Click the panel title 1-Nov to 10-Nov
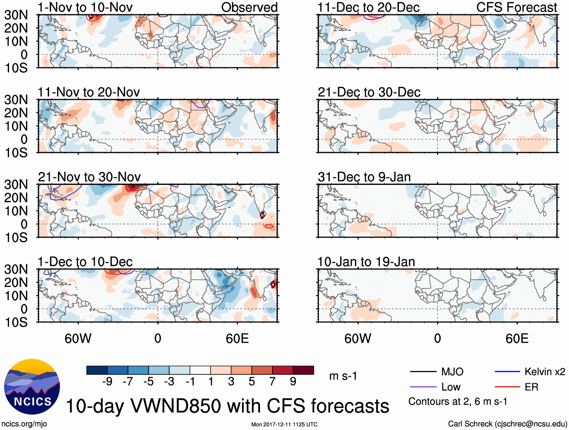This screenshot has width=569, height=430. [x=85, y=7]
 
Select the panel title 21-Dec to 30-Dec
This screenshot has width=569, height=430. [x=369, y=92]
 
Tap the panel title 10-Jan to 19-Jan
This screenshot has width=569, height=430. [x=366, y=262]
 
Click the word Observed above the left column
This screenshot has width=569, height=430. [x=249, y=7]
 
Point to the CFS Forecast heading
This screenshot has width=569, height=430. [x=517, y=7]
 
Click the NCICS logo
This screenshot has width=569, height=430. [x=32, y=387]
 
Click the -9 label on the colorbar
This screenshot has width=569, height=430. [x=107, y=382]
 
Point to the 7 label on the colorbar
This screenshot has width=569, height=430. [x=272, y=382]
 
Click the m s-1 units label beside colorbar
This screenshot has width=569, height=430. [x=343, y=376]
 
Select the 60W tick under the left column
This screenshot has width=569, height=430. [x=78, y=339]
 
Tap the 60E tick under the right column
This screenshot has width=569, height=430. [x=517, y=339]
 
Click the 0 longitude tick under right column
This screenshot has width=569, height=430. [x=437, y=339]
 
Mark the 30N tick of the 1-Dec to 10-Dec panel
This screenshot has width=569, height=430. [x=16, y=269]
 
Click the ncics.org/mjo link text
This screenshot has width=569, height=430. [x=24, y=424]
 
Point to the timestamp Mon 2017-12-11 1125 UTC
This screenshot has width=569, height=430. [x=284, y=424]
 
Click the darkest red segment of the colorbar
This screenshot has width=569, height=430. [x=303, y=370]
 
